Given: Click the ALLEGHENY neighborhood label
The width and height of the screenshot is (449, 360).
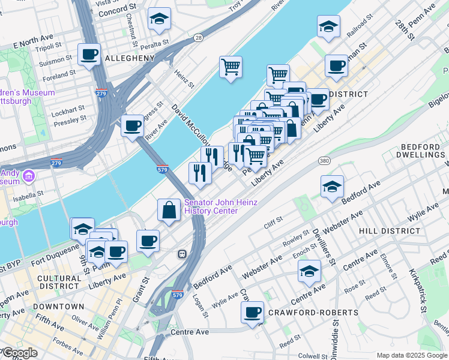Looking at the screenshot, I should coord(130,58).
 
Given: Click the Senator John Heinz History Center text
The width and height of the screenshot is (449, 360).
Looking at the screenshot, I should coord(221,206).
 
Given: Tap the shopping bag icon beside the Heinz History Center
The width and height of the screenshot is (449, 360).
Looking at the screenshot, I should coord(169,210).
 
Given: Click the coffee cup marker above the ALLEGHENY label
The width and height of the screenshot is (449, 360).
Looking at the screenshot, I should coord(89,55).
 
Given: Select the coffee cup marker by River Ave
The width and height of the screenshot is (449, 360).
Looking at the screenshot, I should coord(132,126).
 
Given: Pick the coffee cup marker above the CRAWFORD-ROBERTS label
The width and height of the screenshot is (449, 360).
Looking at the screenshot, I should coord(252,313).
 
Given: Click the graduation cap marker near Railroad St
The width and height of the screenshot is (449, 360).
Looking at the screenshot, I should coord(328,26).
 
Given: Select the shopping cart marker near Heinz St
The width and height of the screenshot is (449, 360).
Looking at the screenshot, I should coord(231,67).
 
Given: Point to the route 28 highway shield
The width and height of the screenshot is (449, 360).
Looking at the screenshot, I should coord(198,38).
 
